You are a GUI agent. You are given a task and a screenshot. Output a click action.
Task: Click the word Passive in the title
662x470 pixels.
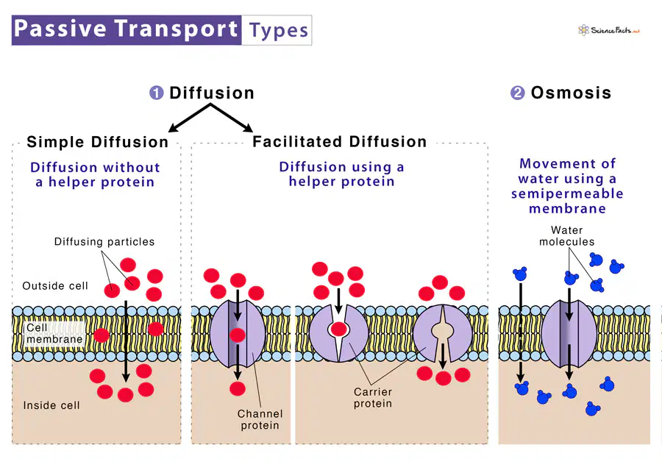click(x=60, y=29)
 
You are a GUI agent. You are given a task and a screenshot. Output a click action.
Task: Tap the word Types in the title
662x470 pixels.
click(x=279, y=31)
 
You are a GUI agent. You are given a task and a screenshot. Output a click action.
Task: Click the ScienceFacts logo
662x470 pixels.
click(x=609, y=30)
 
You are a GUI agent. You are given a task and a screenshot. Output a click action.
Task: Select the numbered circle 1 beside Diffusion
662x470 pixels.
click(x=157, y=93)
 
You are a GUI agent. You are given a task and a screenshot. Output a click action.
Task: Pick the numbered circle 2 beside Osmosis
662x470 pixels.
click(x=518, y=93)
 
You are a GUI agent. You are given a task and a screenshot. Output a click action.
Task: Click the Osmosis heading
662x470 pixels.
click(x=571, y=93)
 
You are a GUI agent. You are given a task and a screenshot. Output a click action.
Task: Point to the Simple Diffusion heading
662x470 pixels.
click(x=98, y=142)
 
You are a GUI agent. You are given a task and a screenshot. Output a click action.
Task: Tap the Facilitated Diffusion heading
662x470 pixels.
click(x=339, y=141)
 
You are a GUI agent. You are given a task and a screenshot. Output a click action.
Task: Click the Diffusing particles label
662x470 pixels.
click(x=104, y=241)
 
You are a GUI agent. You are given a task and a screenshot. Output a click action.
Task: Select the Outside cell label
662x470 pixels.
click(x=55, y=286)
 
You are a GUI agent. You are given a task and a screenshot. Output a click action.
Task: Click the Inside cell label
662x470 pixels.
click(x=51, y=405)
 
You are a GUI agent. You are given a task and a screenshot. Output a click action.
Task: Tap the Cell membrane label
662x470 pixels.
click(x=54, y=334)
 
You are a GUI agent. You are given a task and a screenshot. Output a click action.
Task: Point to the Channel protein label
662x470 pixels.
click(x=260, y=419)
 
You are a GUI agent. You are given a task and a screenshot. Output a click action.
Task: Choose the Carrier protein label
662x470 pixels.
click(x=373, y=398)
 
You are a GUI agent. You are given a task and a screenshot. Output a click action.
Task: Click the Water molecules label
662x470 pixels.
click(x=566, y=235)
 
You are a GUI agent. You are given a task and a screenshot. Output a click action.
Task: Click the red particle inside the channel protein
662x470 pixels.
click(x=238, y=335)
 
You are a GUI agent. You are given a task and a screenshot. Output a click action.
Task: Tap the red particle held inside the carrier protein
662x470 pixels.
click(x=338, y=329)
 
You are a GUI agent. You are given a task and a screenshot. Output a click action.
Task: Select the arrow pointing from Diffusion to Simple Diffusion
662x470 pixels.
click(x=190, y=118)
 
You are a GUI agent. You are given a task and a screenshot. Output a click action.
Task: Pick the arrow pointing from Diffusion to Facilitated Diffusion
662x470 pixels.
click(x=232, y=118)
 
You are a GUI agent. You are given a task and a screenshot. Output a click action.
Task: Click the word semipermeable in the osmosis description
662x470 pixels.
click(x=567, y=194)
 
